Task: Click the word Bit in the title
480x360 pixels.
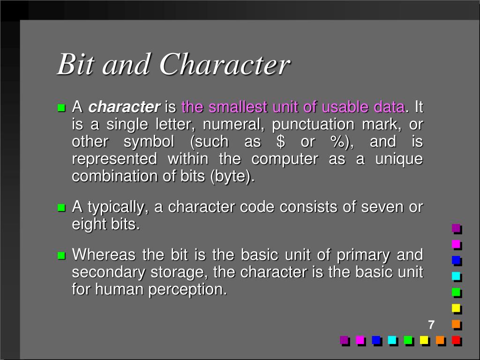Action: click(76, 65)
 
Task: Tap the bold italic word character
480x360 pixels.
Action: click(124, 107)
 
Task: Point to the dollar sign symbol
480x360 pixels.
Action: click(281, 142)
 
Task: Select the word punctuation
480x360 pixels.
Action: click(307, 125)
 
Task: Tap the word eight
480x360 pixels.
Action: click(86, 224)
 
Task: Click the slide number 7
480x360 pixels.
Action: click(431, 325)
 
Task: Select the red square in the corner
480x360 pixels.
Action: click(456, 340)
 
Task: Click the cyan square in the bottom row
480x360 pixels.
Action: click(392, 340)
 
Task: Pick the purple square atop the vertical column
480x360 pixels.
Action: click(456, 228)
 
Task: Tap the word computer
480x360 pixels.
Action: click(285, 159)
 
